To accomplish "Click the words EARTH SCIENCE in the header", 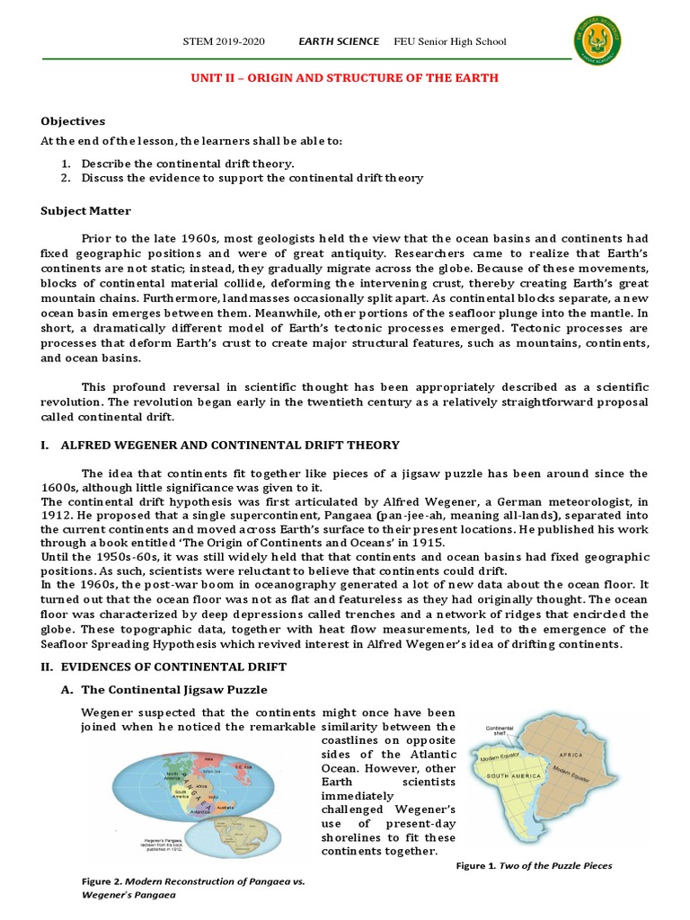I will point(337,41).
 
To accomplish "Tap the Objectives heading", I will point(73,121).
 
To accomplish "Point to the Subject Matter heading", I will point(85,211).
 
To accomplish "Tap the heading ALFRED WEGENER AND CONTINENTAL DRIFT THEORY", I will point(229,445).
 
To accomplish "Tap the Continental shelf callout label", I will point(500,732).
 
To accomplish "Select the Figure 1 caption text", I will point(535,865).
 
